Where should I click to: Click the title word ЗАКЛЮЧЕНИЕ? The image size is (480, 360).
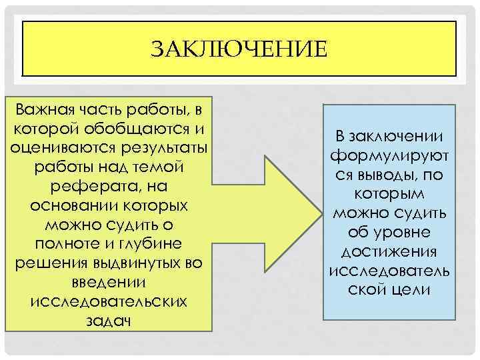coord(239,49)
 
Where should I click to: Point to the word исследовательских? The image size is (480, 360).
coord(109,301)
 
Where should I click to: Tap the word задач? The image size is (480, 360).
coord(109,321)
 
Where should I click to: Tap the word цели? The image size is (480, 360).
coord(409,291)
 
